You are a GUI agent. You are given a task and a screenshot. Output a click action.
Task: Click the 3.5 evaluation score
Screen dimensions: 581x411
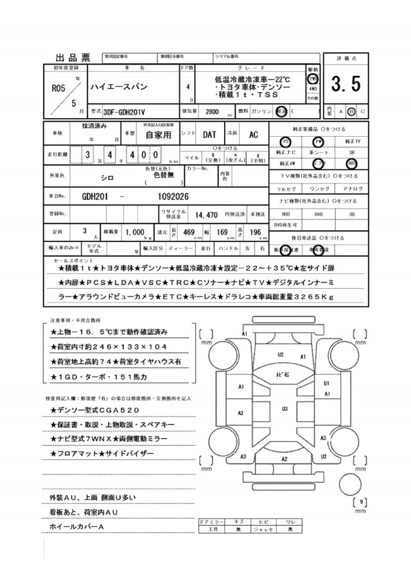point(346,83)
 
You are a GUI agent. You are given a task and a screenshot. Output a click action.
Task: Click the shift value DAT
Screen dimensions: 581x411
point(210,135)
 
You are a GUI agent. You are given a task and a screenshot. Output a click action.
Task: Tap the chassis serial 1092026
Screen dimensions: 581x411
point(168,195)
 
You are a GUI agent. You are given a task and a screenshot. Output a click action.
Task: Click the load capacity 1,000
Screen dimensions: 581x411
point(137,232)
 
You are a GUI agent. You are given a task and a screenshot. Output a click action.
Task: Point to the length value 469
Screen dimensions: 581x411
point(189,232)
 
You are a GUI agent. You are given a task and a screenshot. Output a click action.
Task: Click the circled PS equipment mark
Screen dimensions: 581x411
point(286,141)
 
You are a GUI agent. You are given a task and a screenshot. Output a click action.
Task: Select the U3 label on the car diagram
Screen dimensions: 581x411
point(283,408)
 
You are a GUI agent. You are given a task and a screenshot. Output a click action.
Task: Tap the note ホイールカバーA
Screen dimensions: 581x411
point(76,526)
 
